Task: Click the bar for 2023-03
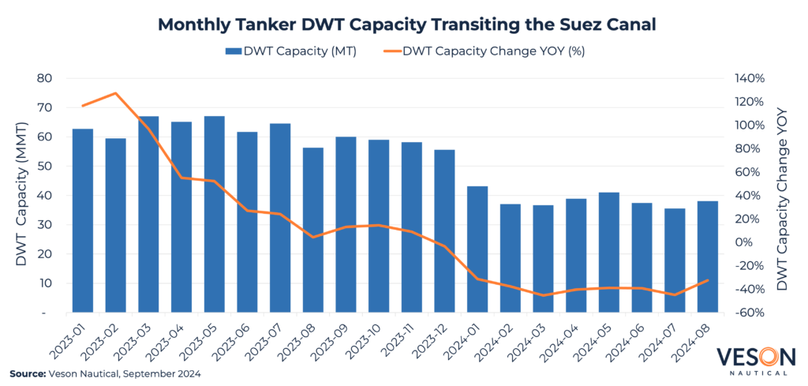coord(148,214)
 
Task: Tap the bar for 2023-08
coord(313,230)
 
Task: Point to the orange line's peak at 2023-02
coord(116,93)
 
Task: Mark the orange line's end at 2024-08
coord(708,280)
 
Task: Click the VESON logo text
coord(754,357)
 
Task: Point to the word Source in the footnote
coord(28,373)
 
